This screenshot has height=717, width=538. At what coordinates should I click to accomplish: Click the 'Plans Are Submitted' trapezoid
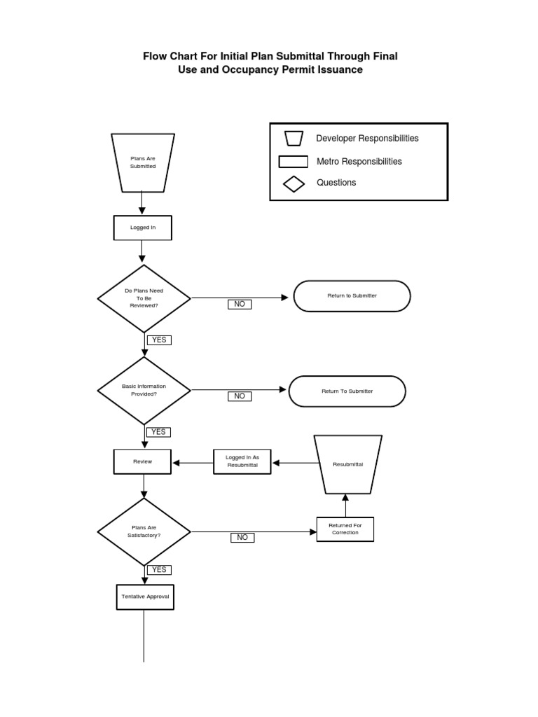click(143, 163)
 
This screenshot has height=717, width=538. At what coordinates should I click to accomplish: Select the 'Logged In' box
click(143, 228)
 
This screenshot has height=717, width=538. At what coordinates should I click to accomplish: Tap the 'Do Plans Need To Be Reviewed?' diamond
click(144, 298)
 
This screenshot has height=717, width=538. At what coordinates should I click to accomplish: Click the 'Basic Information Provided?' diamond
click(144, 390)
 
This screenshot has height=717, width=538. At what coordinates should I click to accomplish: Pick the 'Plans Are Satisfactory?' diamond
click(144, 531)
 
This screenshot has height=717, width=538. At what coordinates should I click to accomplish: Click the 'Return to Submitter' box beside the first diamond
click(352, 295)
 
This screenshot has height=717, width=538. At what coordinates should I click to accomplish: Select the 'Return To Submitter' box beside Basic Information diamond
click(347, 391)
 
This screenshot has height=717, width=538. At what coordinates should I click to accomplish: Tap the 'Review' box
click(143, 461)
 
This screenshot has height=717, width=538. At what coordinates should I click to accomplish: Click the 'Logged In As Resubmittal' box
click(242, 461)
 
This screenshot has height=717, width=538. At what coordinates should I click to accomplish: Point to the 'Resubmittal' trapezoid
click(347, 464)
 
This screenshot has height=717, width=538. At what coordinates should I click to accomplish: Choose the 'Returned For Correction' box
click(345, 529)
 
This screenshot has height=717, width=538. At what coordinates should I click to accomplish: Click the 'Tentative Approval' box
click(144, 597)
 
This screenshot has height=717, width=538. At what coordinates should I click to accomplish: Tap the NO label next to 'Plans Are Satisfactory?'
click(242, 537)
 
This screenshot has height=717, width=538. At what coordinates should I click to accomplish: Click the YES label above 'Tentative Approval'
click(159, 570)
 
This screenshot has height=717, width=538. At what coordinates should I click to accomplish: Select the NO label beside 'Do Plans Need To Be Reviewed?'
click(240, 304)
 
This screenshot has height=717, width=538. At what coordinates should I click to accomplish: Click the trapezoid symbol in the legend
click(294, 138)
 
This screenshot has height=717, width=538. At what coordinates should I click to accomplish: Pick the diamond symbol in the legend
click(294, 183)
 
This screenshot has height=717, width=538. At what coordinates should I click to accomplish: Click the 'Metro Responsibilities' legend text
click(359, 161)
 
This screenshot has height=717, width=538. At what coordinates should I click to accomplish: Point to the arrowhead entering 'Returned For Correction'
click(312, 532)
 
